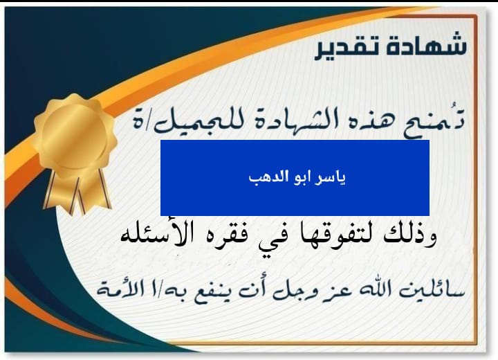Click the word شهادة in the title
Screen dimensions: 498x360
[425, 44]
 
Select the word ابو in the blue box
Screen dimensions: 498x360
[302, 177]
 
